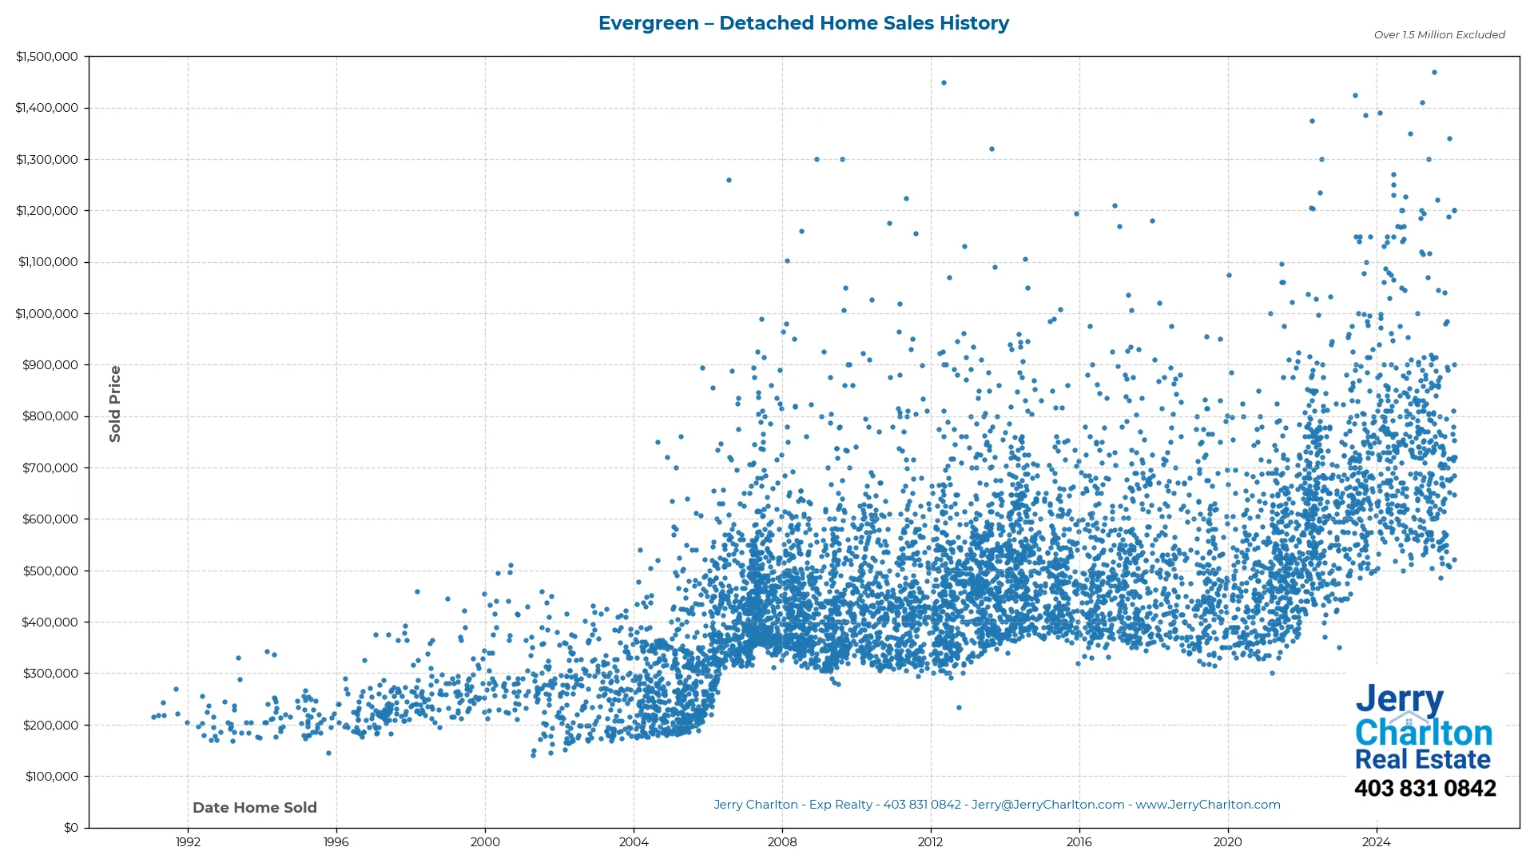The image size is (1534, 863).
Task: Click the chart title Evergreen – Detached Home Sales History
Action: (x=803, y=23)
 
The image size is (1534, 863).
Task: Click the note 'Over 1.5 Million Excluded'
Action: (x=1439, y=34)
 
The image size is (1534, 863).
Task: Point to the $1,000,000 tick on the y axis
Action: (x=46, y=313)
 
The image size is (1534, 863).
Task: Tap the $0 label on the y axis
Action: (x=71, y=827)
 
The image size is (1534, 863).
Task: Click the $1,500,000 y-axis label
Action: (x=46, y=57)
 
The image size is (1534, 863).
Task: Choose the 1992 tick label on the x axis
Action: (x=188, y=841)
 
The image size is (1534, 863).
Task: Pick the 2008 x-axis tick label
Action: (x=782, y=841)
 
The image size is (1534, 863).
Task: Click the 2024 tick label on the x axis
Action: (x=1376, y=841)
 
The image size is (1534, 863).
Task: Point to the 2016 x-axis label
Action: (x=1079, y=841)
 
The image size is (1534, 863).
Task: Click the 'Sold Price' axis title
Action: (x=115, y=404)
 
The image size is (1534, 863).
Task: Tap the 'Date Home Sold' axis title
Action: (x=255, y=807)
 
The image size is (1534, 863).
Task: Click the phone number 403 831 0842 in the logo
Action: (x=1425, y=788)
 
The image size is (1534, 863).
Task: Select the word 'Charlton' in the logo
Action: (x=1423, y=733)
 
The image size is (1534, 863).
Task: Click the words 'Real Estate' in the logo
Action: (x=1422, y=759)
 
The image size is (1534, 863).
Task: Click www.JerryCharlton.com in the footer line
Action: (x=1207, y=805)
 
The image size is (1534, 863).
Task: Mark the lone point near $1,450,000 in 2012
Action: (x=944, y=82)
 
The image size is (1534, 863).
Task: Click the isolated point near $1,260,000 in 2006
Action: (x=729, y=180)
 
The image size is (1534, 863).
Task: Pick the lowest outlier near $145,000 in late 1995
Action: (x=328, y=753)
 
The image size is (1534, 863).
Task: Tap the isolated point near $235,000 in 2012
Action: (x=959, y=707)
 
